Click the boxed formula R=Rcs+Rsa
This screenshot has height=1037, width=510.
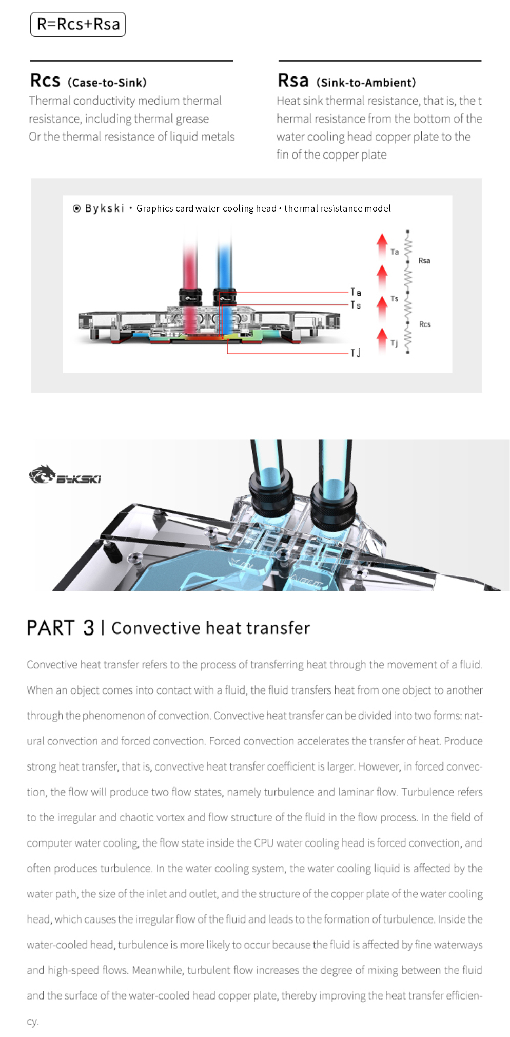(78, 24)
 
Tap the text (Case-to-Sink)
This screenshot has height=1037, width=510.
(107, 82)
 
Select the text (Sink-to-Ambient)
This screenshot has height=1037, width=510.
(366, 82)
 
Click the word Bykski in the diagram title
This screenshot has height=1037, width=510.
(105, 208)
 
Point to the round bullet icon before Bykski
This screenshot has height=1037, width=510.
(76, 208)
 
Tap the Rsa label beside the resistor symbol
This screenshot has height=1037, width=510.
(424, 261)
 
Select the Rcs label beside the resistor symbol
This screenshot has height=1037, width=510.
(424, 324)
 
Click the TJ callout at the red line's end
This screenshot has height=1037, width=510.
(355, 353)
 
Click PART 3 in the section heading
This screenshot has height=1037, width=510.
(61, 628)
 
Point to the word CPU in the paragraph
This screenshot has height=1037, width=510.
(264, 843)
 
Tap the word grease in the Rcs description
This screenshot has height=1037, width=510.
(192, 119)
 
